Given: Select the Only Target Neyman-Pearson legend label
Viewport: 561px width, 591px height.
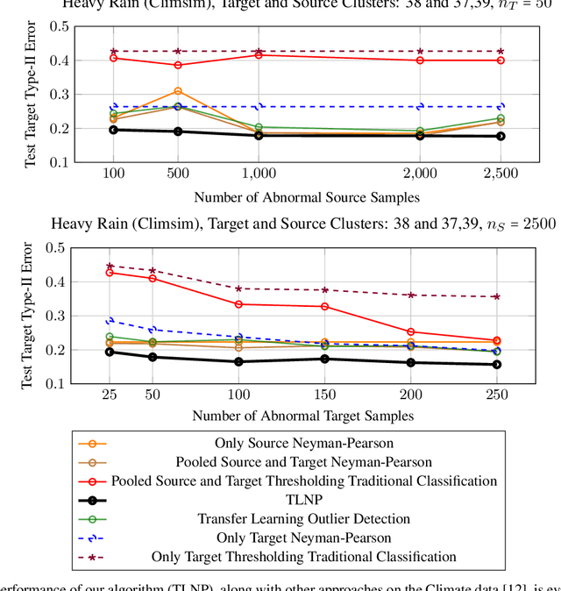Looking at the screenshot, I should [x=302, y=537].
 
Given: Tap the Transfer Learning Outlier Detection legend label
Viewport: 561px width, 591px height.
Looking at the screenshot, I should [x=302, y=518].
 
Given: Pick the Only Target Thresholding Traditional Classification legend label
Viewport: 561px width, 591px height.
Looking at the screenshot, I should [x=303, y=556].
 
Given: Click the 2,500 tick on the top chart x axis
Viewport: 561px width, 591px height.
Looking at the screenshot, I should [x=501, y=174].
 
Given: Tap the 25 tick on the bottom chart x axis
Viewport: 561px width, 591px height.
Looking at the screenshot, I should [x=110, y=395].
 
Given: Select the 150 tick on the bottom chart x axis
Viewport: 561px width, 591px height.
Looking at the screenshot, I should [x=324, y=395].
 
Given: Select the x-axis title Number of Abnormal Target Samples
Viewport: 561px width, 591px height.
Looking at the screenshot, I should [x=303, y=416].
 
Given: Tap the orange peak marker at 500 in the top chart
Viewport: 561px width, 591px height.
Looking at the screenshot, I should [x=178, y=91].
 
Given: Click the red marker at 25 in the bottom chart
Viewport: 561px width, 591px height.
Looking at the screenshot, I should [x=110, y=272].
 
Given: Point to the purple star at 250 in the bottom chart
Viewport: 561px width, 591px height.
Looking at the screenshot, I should [x=497, y=296].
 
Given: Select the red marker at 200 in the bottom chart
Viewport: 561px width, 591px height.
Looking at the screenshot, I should [x=411, y=332].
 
